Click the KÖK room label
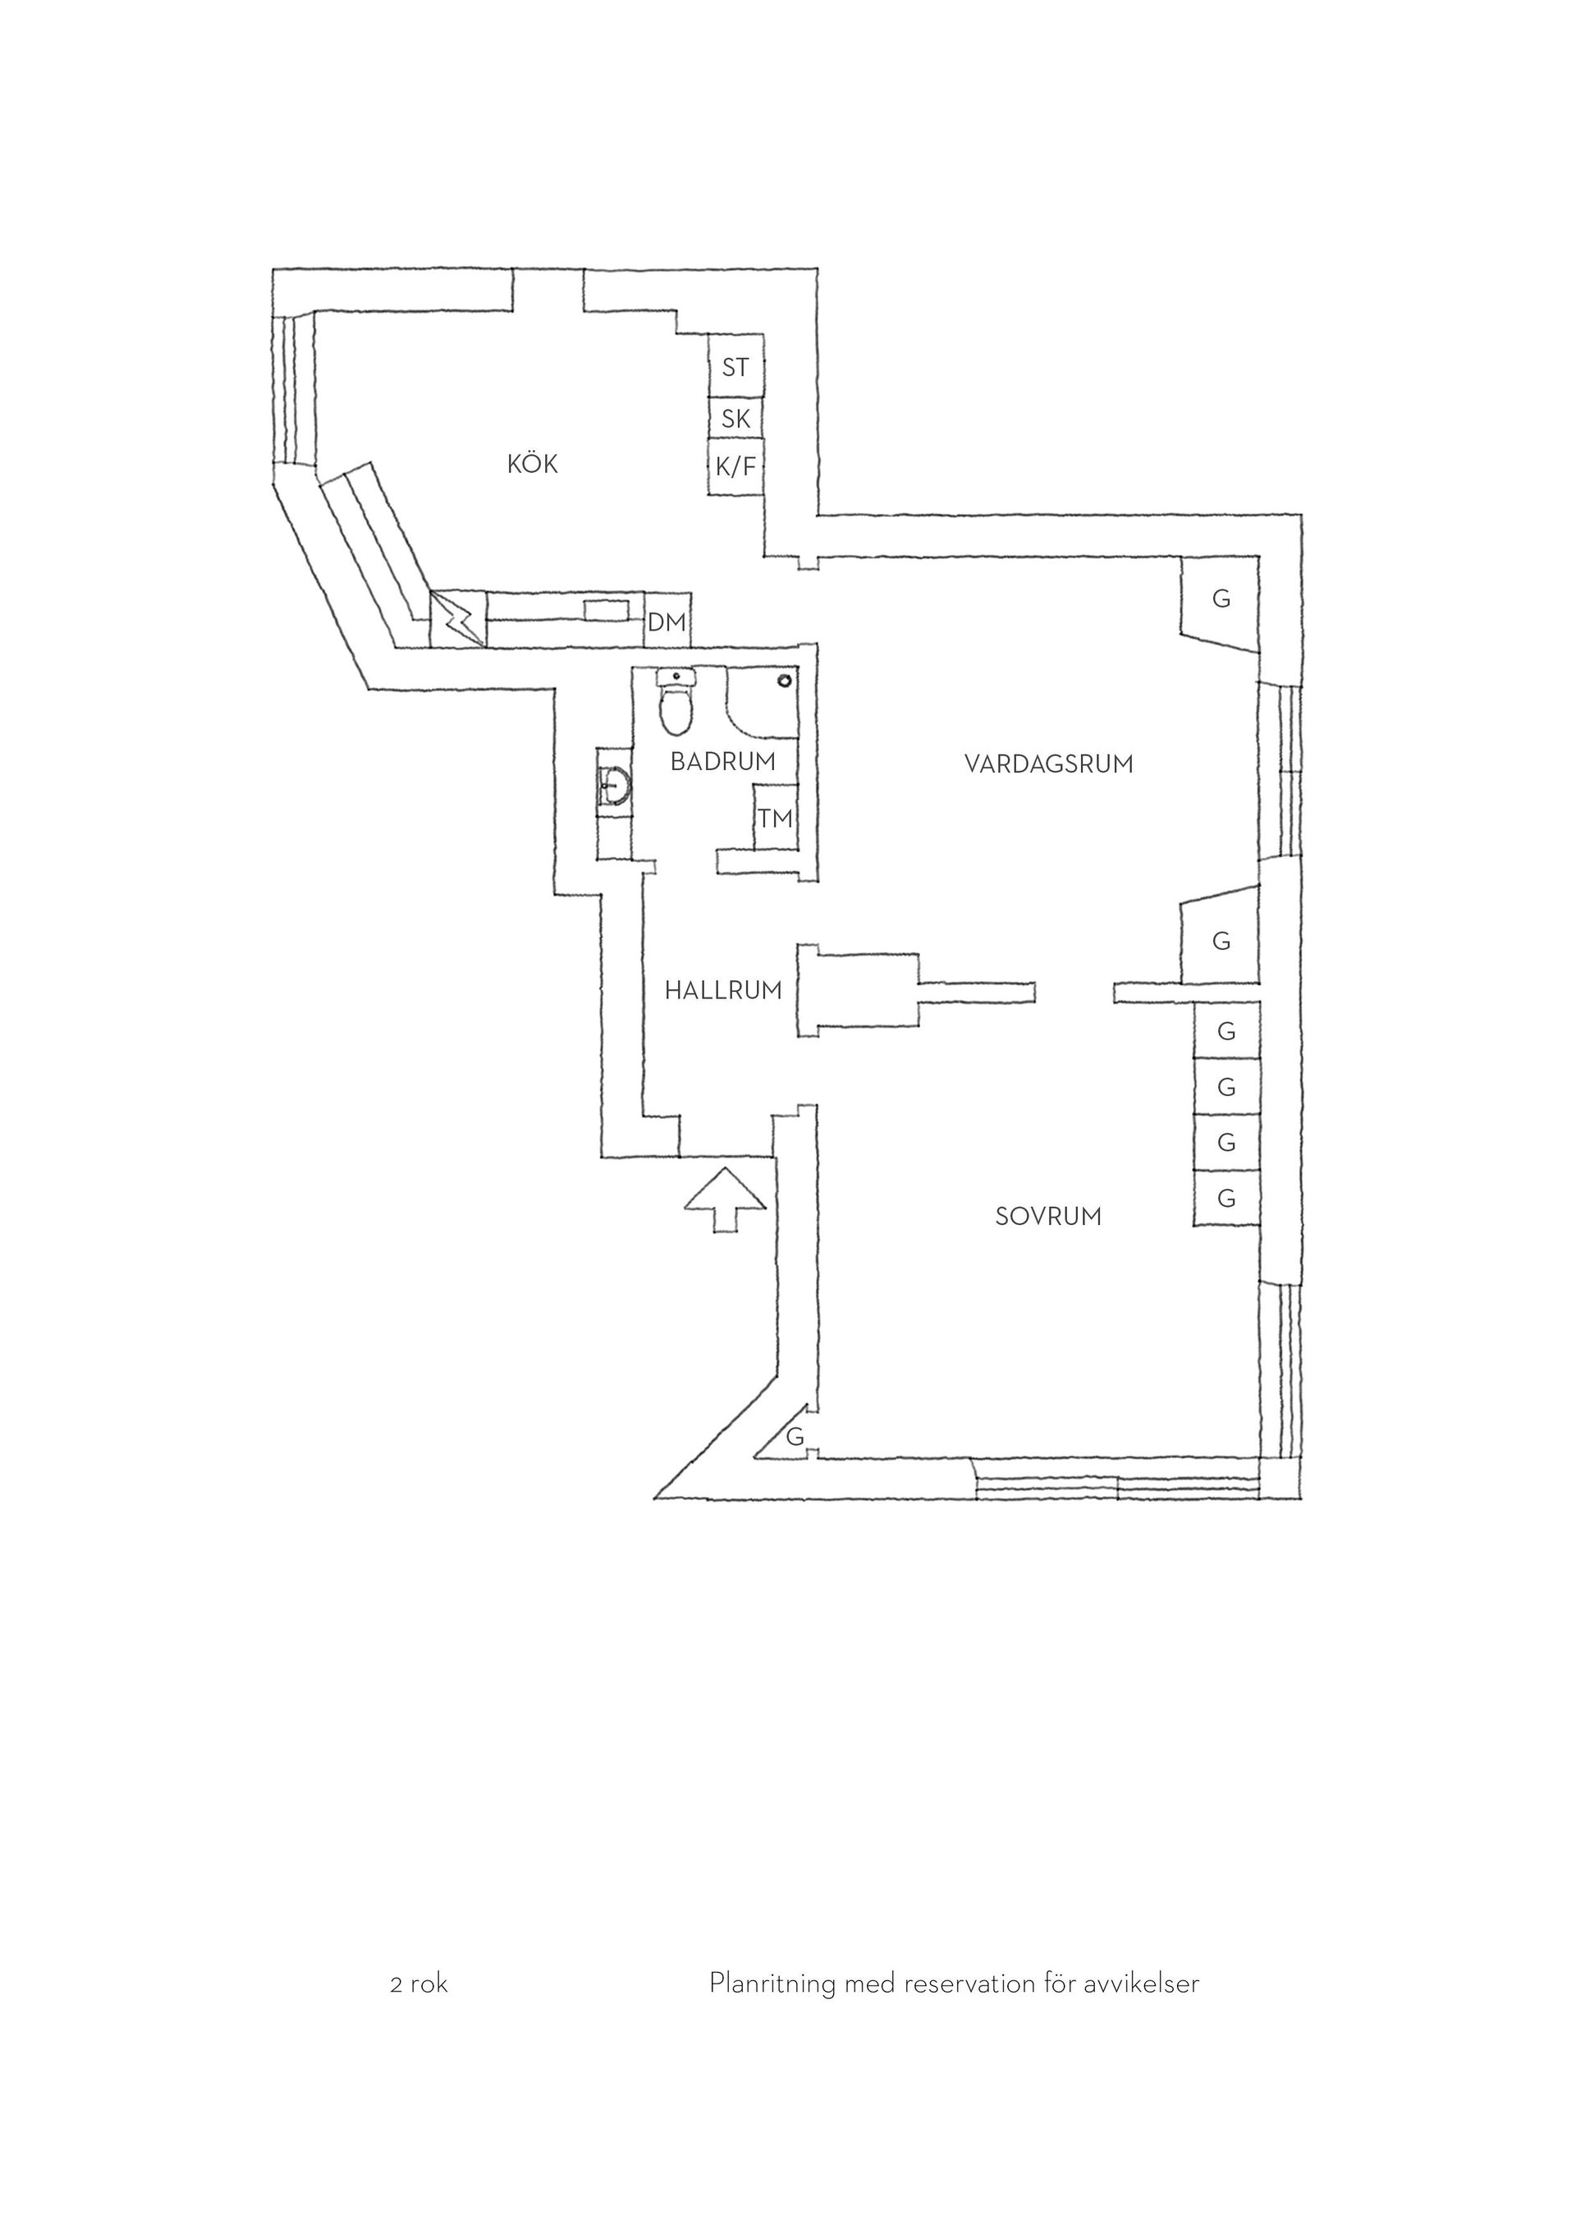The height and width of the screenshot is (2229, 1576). (533, 464)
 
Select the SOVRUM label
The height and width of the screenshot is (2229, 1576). (1049, 1217)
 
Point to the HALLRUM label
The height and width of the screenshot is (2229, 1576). (723, 990)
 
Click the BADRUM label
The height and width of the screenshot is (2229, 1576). (723, 762)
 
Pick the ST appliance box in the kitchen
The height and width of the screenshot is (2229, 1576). (735, 366)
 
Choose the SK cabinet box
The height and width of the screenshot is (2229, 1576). (735, 419)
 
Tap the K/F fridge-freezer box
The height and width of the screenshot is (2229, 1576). (735, 467)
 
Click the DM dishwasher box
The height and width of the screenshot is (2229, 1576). (667, 621)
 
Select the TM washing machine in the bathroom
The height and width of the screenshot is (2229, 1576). (776, 819)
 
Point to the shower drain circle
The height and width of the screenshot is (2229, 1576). (784, 681)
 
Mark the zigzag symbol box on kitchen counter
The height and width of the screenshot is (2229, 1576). (458, 618)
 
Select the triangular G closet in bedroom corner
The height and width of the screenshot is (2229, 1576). (788, 1435)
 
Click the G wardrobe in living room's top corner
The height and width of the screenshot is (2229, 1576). (1220, 605)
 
